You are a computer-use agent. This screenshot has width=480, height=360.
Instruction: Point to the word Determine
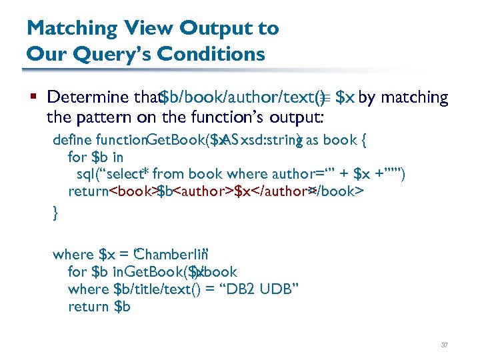tap(90, 98)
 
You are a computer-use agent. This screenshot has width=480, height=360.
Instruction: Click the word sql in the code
tap(86, 175)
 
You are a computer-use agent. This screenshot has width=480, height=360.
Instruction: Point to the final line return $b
tap(99, 307)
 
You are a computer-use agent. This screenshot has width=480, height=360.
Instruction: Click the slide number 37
tap(445, 345)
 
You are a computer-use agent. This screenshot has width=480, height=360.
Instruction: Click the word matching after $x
tap(418, 98)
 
